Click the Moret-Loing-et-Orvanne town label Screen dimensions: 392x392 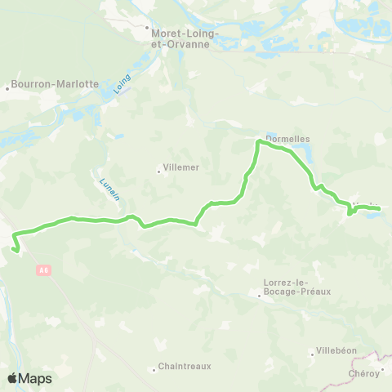click(181, 39)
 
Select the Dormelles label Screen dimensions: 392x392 click(288, 139)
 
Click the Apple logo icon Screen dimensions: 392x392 click(12, 378)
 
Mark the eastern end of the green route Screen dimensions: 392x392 click(380, 210)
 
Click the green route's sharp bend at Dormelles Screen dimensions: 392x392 click(260, 142)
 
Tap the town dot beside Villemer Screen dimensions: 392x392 click(159, 171)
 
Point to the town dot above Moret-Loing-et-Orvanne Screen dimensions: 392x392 click(148, 27)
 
